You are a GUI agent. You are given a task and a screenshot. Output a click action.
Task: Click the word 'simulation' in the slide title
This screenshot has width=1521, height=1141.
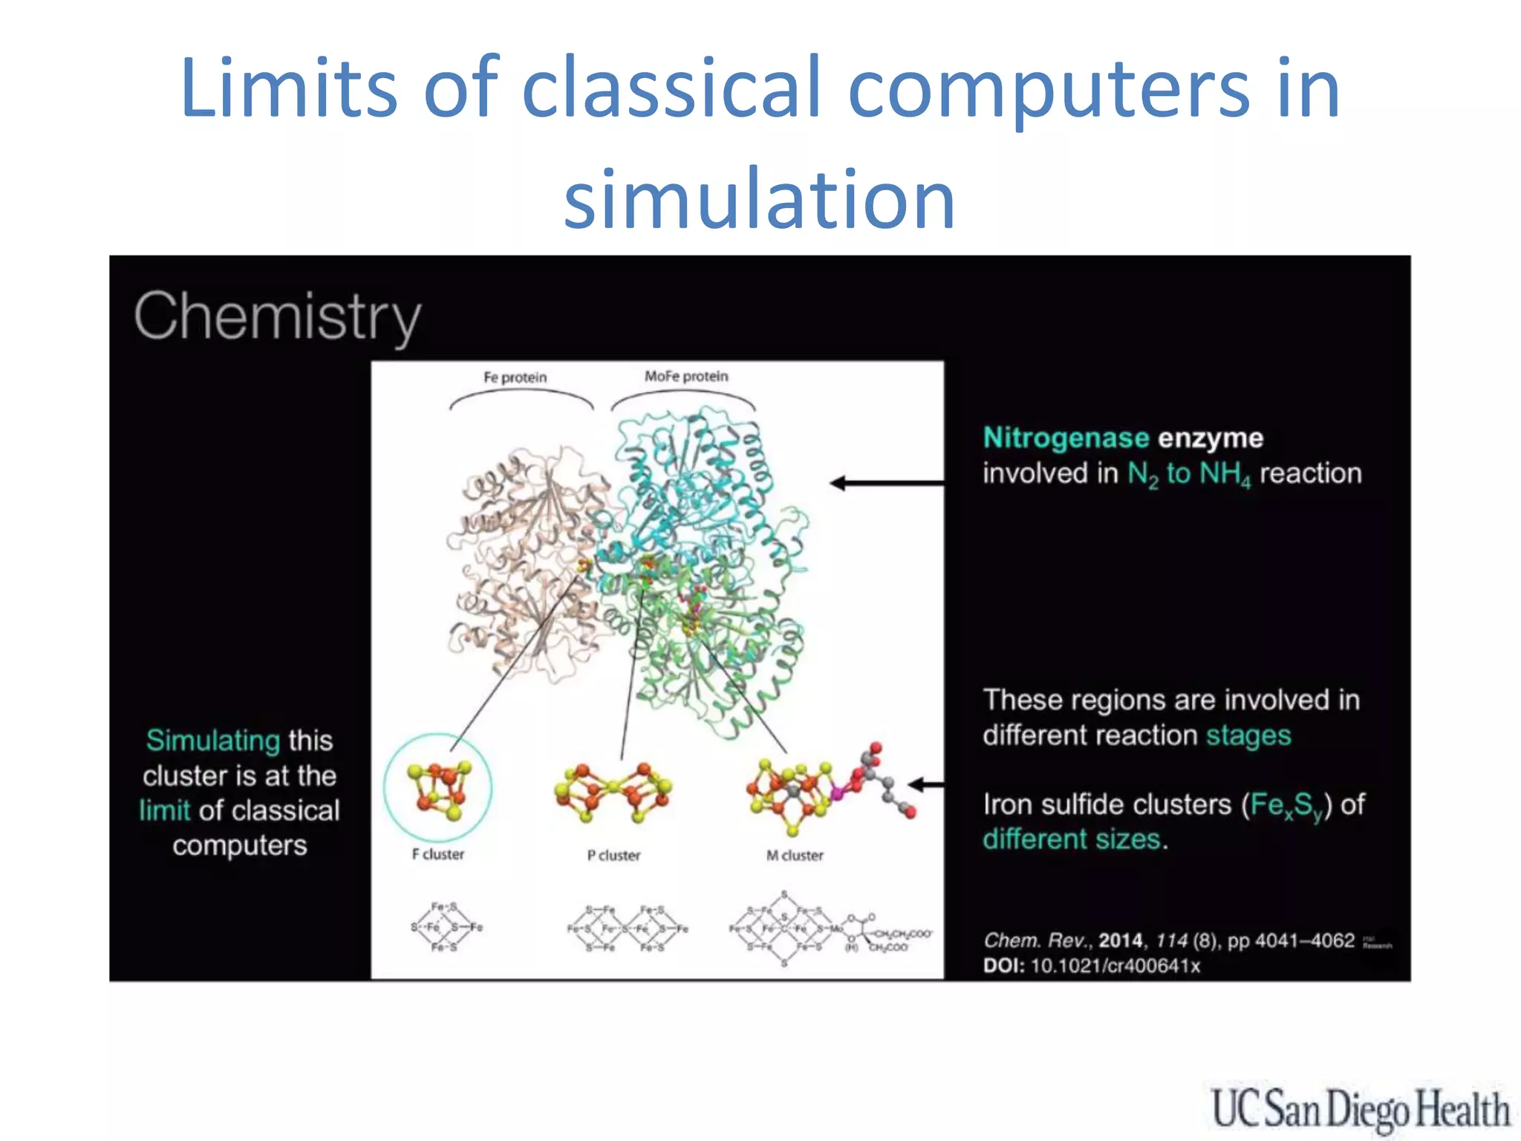[759, 199]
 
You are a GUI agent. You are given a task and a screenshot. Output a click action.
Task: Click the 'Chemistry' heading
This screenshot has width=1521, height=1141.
[278, 317]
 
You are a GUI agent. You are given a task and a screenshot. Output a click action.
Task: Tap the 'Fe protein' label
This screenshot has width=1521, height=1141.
[515, 377]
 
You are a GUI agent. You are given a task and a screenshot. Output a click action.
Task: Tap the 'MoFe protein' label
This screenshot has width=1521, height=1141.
[686, 377]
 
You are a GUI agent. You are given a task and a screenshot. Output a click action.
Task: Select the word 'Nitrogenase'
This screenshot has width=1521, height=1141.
[1066, 438]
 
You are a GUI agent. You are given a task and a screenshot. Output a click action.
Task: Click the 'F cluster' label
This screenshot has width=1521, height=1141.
[438, 854]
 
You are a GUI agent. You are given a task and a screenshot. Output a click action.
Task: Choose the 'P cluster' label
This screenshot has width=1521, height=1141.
[613, 855]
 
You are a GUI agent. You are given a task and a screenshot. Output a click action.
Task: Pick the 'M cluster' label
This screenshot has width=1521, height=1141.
[795, 855]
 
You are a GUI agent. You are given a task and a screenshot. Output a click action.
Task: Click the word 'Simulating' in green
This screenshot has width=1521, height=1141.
[213, 741]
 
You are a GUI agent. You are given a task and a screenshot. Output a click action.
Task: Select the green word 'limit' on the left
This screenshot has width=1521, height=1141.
[165, 810]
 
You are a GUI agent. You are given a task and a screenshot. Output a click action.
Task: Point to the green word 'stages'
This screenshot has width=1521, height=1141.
[1248, 735]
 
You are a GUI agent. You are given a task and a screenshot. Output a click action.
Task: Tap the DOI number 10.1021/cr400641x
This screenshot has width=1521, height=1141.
[1115, 966]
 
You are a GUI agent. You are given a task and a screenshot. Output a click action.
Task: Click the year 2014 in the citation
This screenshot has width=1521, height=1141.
[1121, 940]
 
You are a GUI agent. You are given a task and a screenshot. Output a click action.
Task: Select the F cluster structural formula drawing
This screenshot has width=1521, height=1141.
[446, 927]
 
